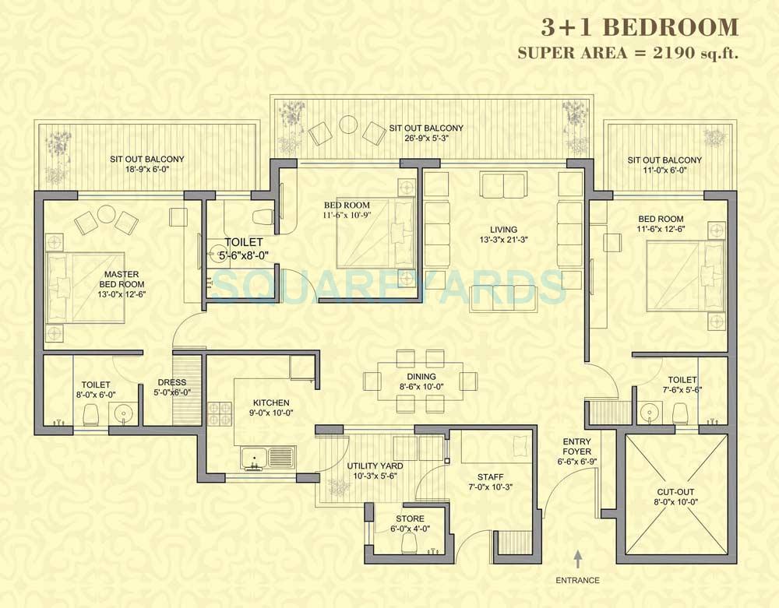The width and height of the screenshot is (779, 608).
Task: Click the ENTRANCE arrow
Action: pyautogui.click(x=578, y=558)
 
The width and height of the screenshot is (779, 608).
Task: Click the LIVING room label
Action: pyautogui.click(x=499, y=229)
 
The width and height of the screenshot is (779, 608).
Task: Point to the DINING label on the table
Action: pyautogui.click(x=421, y=377)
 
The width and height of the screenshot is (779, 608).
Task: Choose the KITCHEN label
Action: pyautogui.click(x=271, y=402)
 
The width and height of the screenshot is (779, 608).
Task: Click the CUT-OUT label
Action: pyautogui.click(x=675, y=492)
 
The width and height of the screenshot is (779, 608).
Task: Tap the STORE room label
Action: pyautogui.click(x=411, y=518)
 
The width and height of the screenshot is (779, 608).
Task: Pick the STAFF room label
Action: pyautogui.click(x=491, y=477)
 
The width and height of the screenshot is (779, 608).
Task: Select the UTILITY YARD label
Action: pyautogui.click(x=375, y=466)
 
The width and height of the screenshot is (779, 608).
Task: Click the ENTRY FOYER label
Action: pyautogui.click(x=576, y=447)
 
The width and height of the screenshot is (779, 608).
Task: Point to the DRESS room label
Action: pyautogui.click(x=171, y=382)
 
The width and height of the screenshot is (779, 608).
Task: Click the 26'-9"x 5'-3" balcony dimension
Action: pyautogui.click(x=426, y=139)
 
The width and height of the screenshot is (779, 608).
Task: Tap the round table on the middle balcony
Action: pyautogui.click(x=347, y=125)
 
